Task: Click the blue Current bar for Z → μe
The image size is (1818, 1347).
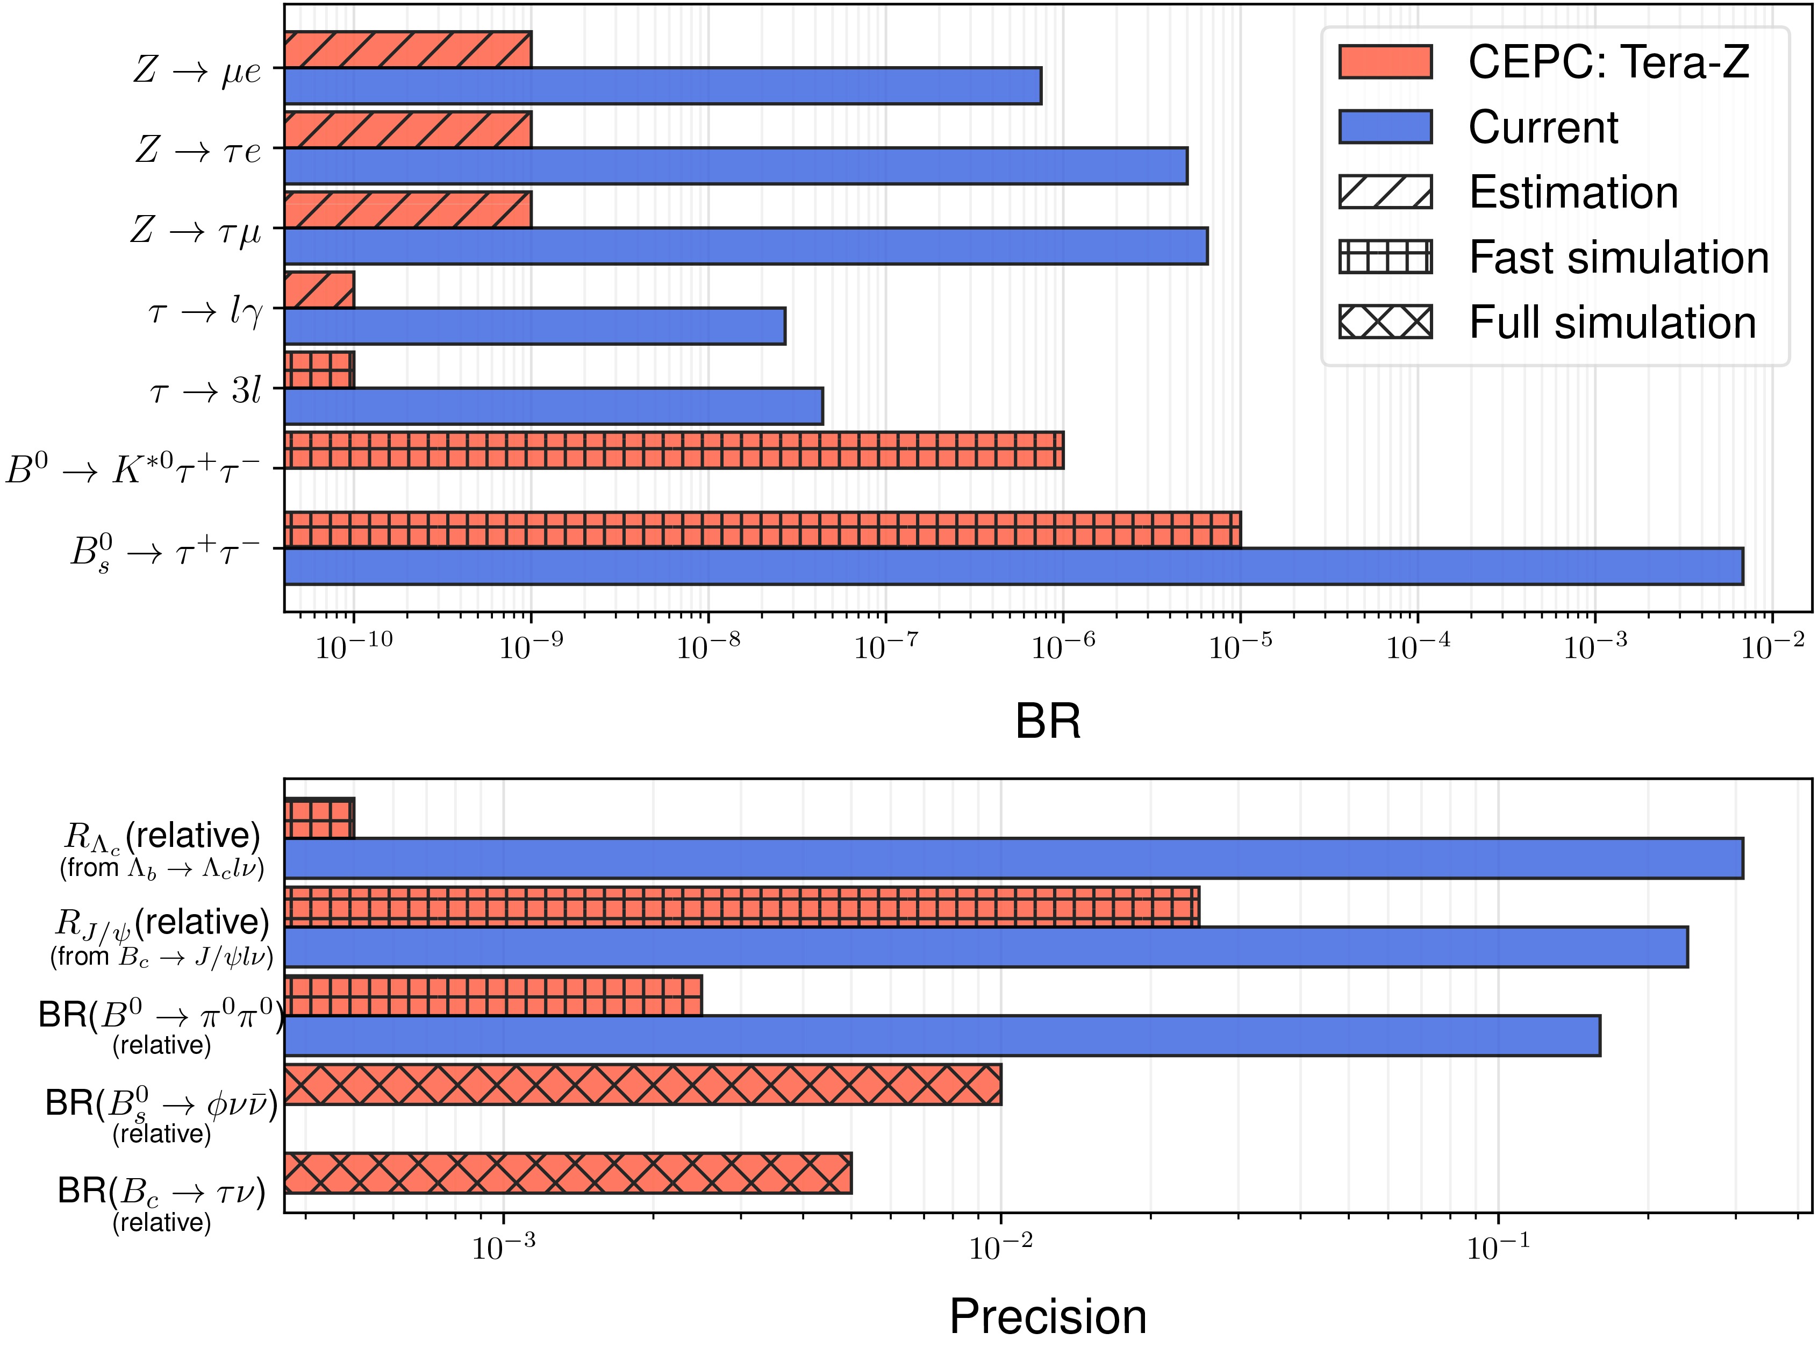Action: tap(662, 85)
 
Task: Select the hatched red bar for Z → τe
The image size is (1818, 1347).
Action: tap(407, 130)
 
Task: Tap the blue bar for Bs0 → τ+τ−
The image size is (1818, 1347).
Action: tap(1013, 566)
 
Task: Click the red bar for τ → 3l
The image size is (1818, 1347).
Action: tap(319, 369)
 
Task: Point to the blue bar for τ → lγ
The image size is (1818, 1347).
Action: tap(534, 326)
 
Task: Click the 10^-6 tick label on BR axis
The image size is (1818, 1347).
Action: tap(1063, 646)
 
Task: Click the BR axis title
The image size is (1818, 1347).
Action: tap(1047, 721)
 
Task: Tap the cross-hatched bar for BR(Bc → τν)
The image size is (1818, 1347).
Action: tap(568, 1173)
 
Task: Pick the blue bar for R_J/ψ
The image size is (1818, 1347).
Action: tap(986, 946)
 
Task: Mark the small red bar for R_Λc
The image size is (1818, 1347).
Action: tap(319, 818)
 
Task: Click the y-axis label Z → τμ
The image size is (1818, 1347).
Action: tap(196, 231)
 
